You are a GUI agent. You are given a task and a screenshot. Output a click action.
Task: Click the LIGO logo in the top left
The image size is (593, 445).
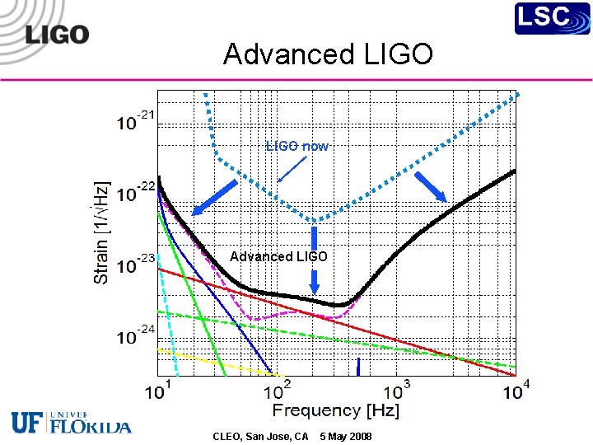pyautogui.click(x=57, y=35)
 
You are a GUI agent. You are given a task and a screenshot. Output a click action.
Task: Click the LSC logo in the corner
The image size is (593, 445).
pyautogui.click(x=553, y=18)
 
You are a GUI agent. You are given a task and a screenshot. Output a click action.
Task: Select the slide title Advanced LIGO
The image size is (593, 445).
pyautogui.click(x=328, y=54)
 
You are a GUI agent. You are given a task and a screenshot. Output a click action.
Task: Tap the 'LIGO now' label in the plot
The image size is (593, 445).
pyautogui.click(x=297, y=146)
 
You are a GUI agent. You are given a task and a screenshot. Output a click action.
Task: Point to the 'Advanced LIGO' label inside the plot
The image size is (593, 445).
pyautogui.click(x=278, y=256)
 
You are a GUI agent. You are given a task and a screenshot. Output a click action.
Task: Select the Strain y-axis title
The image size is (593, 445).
pyautogui.click(x=101, y=232)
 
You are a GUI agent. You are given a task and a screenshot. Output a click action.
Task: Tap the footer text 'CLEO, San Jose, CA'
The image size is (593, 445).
pyautogui.click(x=260, y=436)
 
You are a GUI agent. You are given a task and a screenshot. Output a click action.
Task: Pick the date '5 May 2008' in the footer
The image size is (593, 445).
pyautogui.click(x=346, y=436)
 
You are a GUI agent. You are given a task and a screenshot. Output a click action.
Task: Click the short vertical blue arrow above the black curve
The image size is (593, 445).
pyautogui.click(x=314, y=283)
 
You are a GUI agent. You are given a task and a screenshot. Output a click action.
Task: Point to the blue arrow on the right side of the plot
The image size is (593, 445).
pyautogui.click(x=430, y=187)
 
